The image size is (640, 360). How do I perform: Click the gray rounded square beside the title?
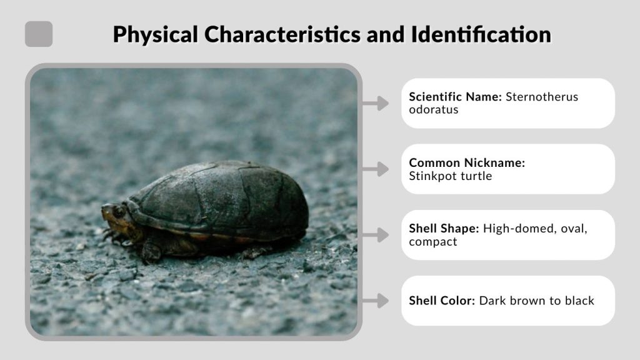39,34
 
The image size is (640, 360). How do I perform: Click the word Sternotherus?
542,97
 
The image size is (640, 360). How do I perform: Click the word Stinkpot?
429,176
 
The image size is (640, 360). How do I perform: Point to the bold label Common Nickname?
467,162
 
